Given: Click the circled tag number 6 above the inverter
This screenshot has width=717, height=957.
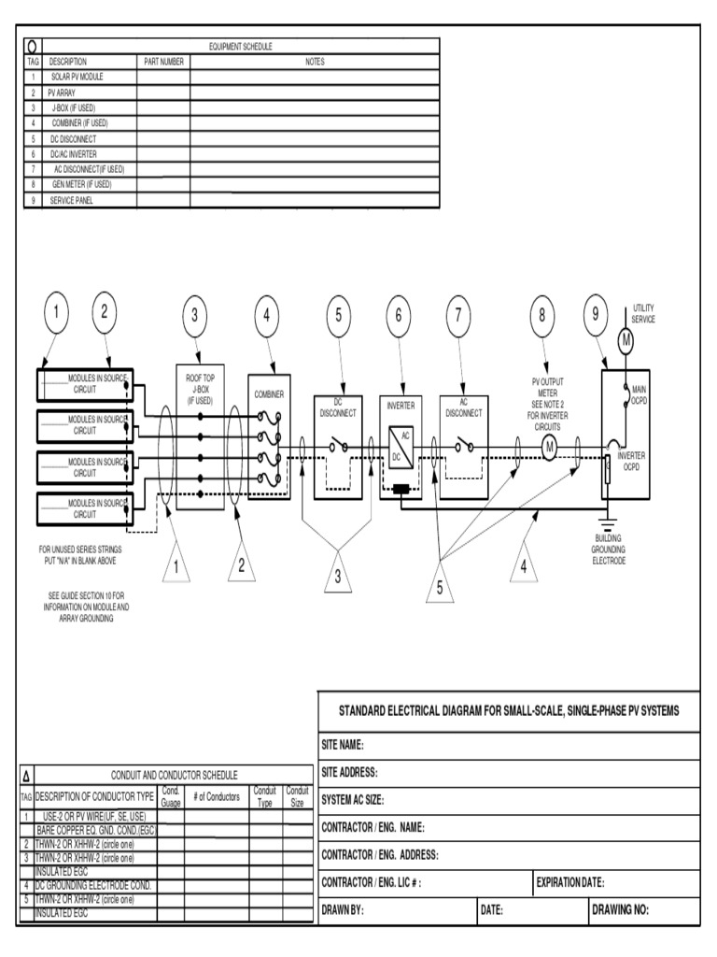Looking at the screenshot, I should coord(399,315).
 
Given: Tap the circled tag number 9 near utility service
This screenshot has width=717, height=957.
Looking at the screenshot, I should coord(595,315).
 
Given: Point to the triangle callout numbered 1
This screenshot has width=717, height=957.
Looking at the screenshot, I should coord(177,564).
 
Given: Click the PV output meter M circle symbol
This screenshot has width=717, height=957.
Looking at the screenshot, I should coord(550,449).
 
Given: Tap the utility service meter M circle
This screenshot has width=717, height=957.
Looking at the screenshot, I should coord(626,341).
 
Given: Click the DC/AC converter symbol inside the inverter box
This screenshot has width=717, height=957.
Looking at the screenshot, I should coord(401,447).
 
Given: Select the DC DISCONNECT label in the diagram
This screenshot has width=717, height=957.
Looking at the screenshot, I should coord(338,408).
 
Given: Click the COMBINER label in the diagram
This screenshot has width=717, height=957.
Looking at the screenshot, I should coord(270,394).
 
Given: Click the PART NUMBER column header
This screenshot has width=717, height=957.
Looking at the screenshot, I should coord(163,61).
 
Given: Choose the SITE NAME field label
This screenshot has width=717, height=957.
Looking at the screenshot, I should coord(342,745).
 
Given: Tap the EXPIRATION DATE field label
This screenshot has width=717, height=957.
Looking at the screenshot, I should coord(570,882).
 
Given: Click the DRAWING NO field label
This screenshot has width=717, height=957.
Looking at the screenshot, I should coord(620,910).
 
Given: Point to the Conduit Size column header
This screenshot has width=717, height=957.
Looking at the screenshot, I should coord(297,796).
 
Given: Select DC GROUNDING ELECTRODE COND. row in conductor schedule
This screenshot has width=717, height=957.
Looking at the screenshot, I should coord(92,884).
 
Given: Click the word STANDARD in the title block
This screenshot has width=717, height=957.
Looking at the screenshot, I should coord(369,712).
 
